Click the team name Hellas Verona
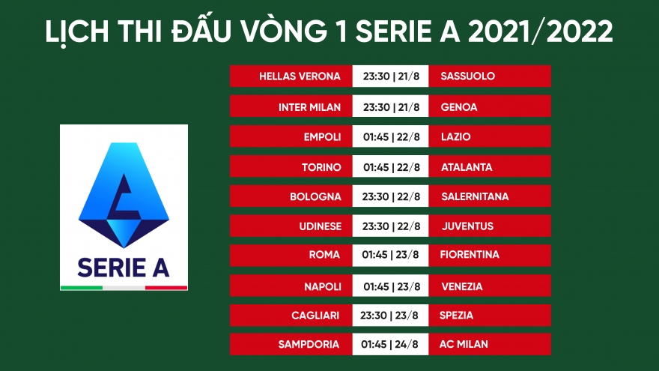click(x=300, y=76)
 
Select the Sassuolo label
click(x=467, y=76)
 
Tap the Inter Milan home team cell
click(x=309, y=107)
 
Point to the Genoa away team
click(x=458, y=107)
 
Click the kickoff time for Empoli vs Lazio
click(x=391, y=137)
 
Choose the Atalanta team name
click(x=466, y=167)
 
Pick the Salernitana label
click(x=474, y=196)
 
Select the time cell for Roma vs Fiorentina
click(x=391, y=255)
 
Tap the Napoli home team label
click(x=323, y=286)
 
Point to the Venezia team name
click(x=461, y=286)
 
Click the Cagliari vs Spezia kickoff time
click(x=391, y=316)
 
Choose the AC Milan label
click(x=464, y=344)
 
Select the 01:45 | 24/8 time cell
click(x=391, y=344)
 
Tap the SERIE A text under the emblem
click(x=124, y=266)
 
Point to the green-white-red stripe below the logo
click(x=124, y=287)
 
